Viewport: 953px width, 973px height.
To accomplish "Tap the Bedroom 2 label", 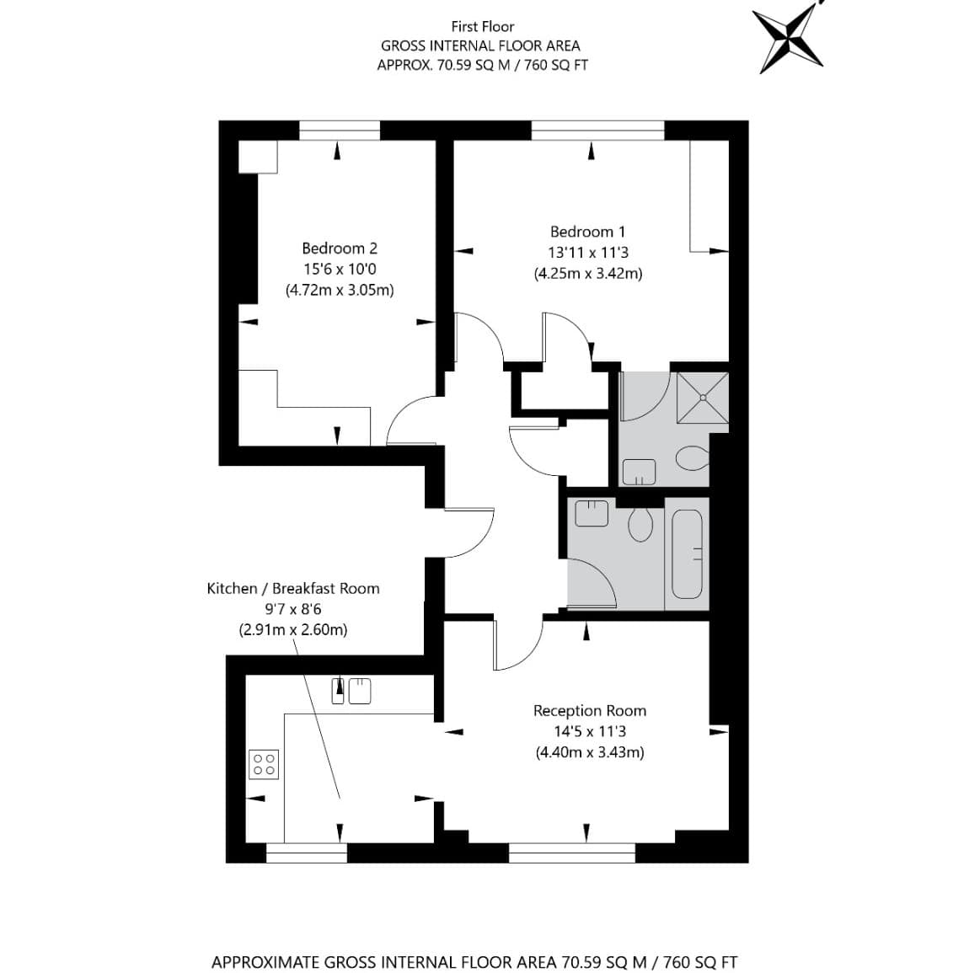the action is tap(340, 249).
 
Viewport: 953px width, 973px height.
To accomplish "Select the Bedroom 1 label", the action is tap(587, 232).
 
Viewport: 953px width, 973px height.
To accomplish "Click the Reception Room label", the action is tap(589, 710).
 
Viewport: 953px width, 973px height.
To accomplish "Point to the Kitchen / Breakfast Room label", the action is tap(293, 588).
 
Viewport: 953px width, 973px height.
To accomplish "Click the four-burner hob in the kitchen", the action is tap(264, 765).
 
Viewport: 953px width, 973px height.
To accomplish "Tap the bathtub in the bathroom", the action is tap(687, 554).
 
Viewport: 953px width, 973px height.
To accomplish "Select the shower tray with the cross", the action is tap(702, 397).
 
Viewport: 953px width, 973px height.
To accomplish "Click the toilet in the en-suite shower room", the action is tap(692, 459).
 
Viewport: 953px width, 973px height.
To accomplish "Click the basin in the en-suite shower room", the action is tap(639, 472).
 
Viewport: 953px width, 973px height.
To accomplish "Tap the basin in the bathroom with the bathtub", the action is tap(592, 513).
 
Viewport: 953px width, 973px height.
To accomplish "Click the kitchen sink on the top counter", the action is tap(351, 691).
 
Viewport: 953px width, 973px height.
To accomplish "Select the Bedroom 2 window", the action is tap(340, 131).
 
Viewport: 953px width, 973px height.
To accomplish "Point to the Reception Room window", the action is tap(572, 853).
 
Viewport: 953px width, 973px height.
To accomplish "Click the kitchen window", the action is tap(307, 853).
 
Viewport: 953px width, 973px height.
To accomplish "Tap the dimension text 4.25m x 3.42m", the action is tap(588, 273).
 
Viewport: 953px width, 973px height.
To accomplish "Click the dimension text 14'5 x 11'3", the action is tap(590, 731).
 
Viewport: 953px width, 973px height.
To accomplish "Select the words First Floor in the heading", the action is tap(482, 26).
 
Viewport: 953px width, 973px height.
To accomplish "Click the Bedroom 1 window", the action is tap(598, 131).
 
